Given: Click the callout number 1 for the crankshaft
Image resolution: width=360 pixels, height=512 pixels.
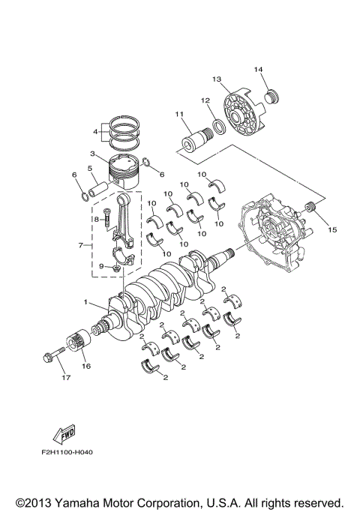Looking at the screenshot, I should coord(87,304).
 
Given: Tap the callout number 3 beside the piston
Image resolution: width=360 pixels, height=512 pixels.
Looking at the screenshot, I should coord(91,154).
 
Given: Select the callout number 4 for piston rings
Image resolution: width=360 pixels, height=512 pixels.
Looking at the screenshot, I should coord(94,131).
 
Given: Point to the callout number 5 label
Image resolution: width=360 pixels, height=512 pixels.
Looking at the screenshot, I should coord(91,169).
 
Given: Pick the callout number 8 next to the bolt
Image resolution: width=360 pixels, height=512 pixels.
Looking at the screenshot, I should coord(97,218).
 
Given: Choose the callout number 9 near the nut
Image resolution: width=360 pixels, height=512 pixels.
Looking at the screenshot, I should coord(101,265).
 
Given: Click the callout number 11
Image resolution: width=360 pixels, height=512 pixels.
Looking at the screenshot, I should coord(178,114).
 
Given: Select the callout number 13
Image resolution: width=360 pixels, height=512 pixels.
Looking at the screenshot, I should coord(217,79).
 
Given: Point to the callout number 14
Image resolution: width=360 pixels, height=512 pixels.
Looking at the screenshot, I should coord(259,70).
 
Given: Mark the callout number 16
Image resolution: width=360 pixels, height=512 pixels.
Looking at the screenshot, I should coord(86,367).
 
